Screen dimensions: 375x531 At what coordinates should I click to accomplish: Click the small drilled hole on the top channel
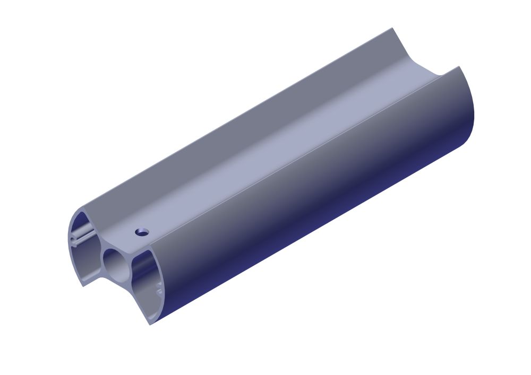pos(142,231)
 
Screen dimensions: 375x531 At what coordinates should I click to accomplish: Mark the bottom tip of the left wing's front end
pos(83,285)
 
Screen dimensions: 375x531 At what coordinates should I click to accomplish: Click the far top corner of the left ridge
pos(392,28)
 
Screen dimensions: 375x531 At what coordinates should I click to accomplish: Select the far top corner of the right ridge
pos(459,67)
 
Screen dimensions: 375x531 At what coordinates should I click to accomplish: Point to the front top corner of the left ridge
pos(82,209)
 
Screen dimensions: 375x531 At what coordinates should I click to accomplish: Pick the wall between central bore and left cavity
pos(100,255)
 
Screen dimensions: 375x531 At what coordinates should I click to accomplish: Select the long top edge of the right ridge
pos(305,157)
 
